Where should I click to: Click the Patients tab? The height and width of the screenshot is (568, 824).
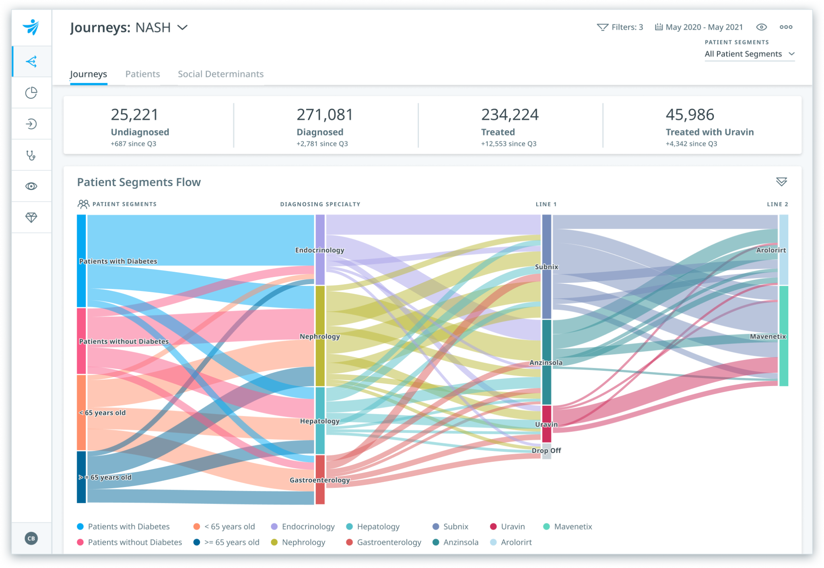pos(142,74)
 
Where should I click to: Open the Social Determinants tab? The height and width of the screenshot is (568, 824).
pos(220,74)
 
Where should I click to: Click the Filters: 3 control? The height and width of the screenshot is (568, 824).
pos(620,27)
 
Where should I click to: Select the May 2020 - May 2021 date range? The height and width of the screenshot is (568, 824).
pos(699,27)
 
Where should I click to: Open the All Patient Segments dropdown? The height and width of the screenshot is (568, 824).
pos(749,54)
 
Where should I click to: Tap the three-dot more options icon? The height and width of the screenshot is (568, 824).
pos(786,27)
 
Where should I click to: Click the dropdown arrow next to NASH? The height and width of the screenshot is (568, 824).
pos(183,27)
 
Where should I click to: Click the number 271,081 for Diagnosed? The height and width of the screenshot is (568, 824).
pos(325,115)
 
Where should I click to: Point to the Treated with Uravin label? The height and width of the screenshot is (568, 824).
pos(709,132)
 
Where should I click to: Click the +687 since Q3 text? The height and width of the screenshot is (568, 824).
pos(133,144)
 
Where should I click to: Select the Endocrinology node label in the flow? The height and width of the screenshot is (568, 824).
pos(319,250)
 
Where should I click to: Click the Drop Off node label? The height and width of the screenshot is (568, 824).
pos(546,450)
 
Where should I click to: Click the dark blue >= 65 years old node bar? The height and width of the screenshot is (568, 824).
pos(81,477)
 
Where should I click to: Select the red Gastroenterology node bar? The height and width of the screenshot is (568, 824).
pos(320,479)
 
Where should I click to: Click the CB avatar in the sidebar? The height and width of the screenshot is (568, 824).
pos(31,538)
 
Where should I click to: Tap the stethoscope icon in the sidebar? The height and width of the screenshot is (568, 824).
pos(31,155)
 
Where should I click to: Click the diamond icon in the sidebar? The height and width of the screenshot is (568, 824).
pos(31,217)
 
